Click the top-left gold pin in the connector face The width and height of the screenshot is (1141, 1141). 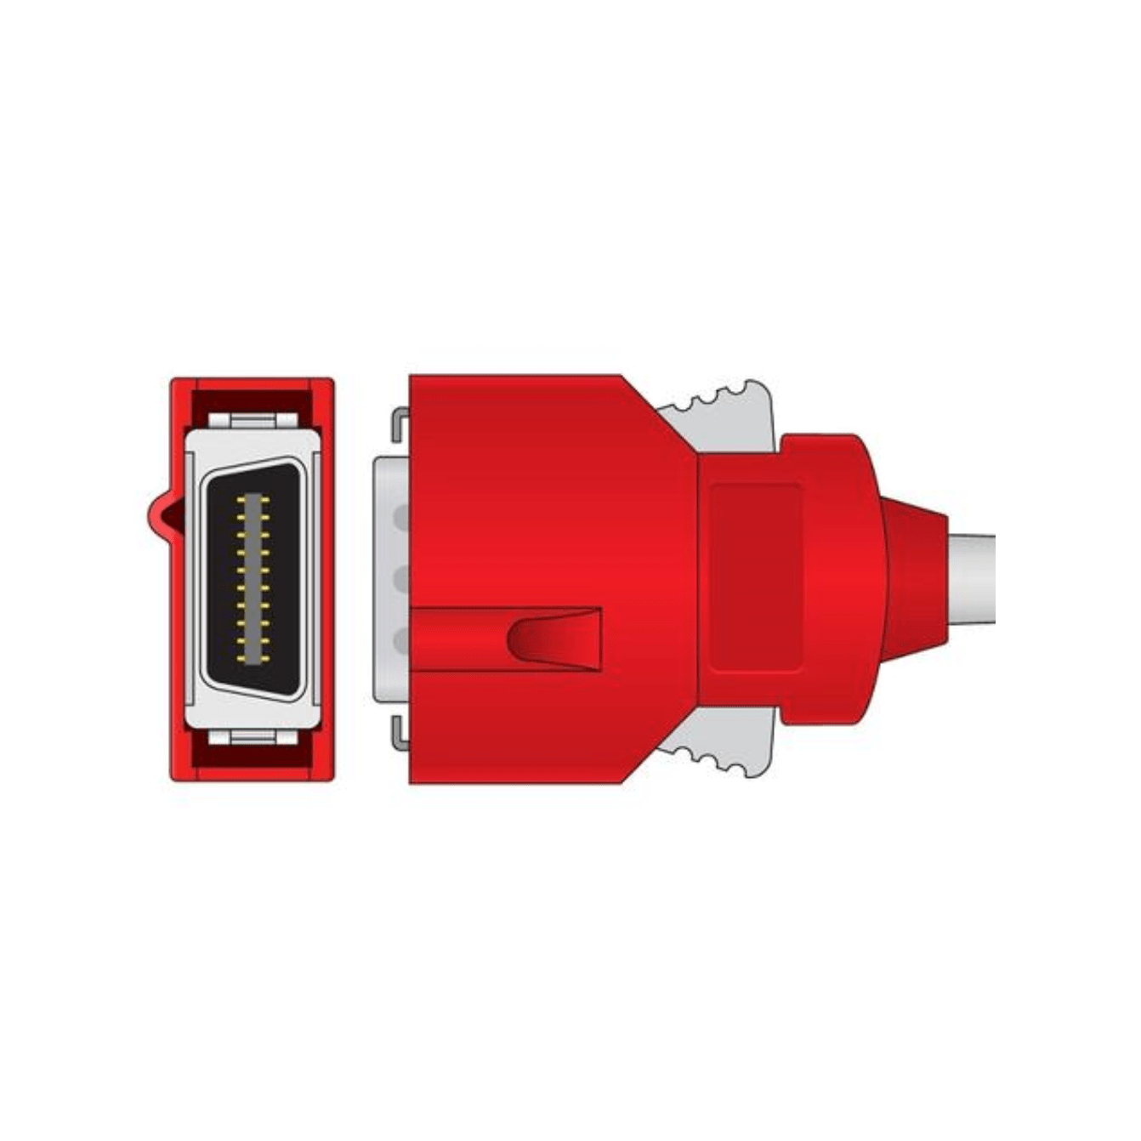[241, 501]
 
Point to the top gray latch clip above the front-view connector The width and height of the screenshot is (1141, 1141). [253, 421]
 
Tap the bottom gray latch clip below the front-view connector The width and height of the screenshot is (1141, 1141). [253, 736]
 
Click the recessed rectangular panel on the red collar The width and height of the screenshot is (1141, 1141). [755, 578]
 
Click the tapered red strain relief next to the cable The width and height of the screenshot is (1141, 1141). [914, 578]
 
